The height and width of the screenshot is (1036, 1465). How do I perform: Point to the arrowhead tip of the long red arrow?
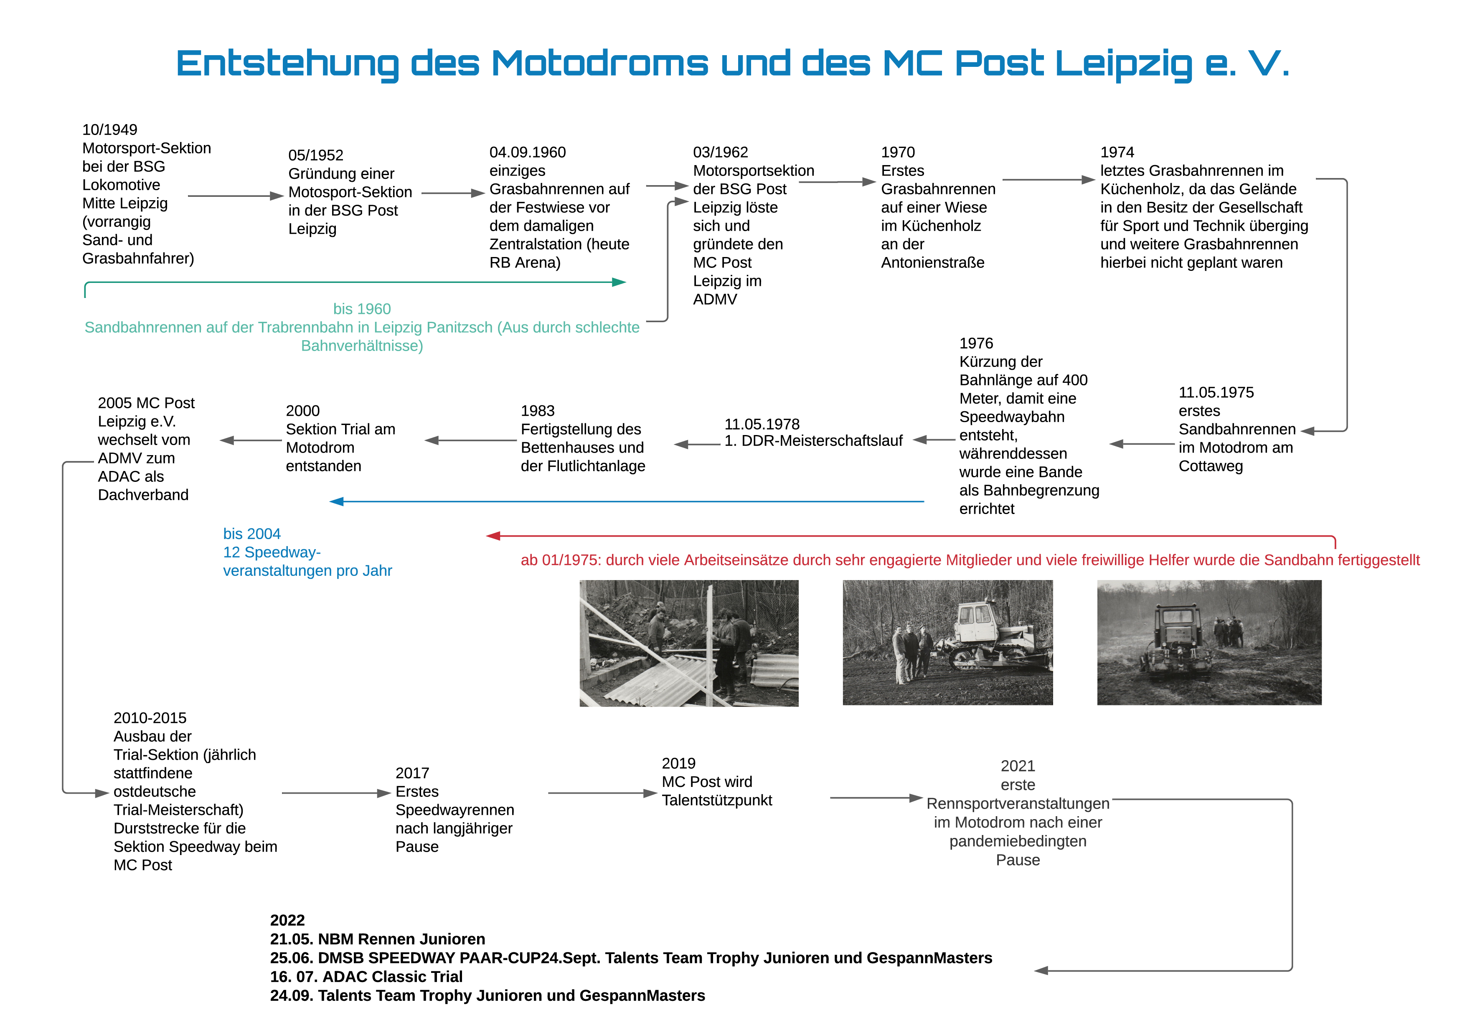click(486, 536)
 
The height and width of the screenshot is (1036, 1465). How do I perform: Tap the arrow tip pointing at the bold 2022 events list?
click(1034, 970)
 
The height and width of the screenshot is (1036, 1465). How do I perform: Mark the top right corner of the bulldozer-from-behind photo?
click(1321, 580)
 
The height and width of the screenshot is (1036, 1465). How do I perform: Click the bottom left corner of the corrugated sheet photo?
click(580, 706)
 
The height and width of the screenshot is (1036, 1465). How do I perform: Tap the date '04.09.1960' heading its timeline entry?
click(528, 152)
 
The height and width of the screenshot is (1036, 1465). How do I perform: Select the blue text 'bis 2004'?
click(251, 534)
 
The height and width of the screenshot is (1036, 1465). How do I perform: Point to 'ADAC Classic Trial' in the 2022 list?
click(392, 977)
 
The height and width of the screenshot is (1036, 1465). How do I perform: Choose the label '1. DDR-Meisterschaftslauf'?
click(813, 440)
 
